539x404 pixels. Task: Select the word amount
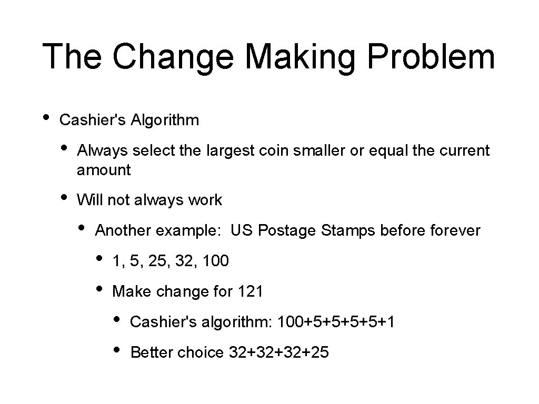pos(104,170)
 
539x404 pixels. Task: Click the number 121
pos(251,291)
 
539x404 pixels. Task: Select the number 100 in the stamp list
pos(215,261)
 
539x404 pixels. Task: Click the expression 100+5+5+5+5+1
pos(336,322)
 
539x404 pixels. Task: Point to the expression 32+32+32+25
pos(279,352)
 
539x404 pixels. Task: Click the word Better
pos(151,352)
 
